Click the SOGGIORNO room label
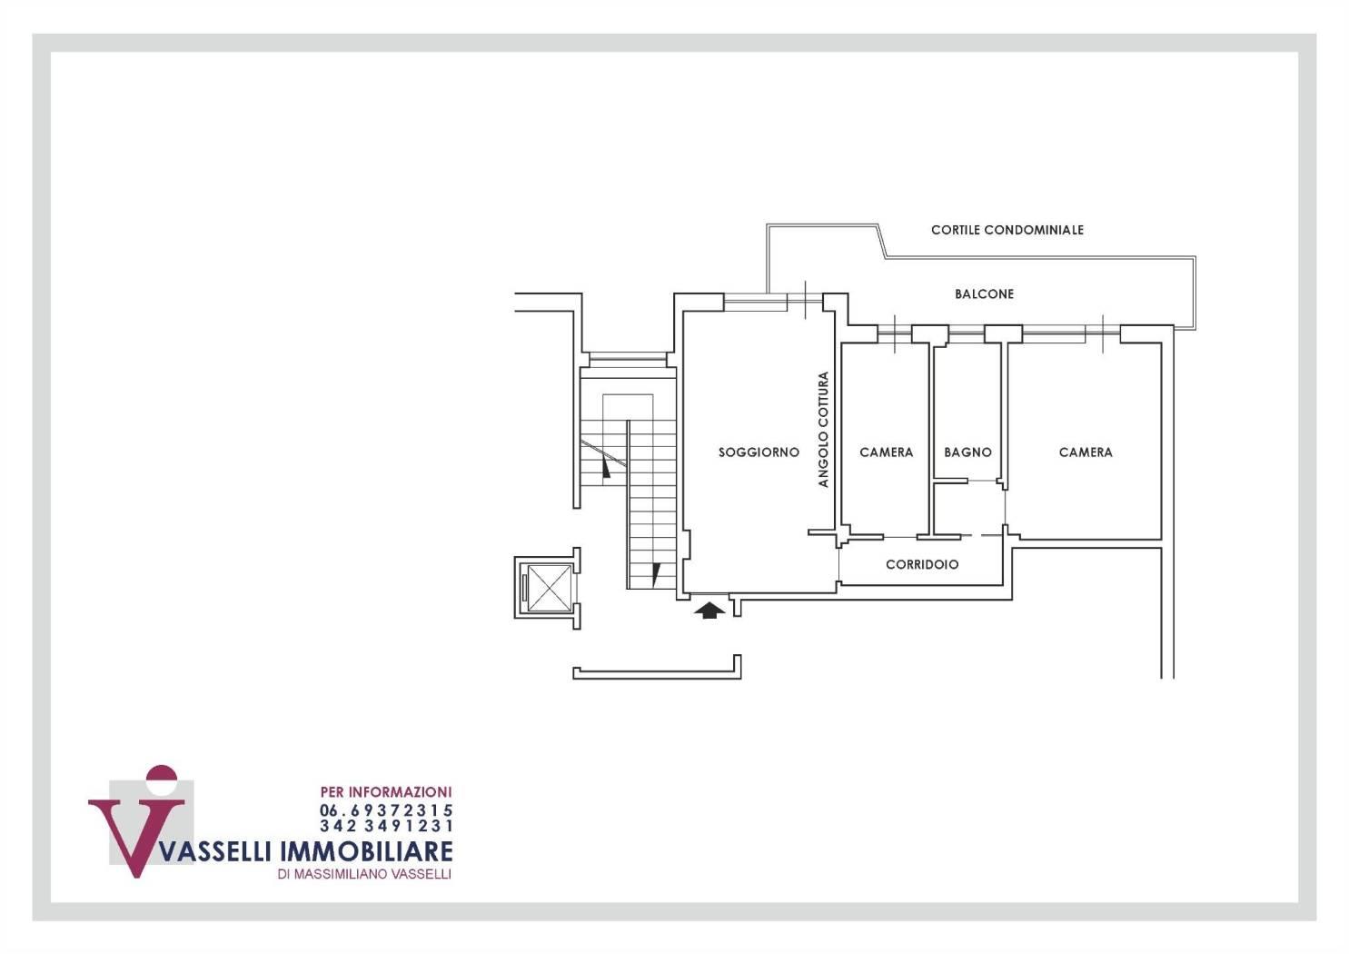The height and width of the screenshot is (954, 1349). coord(759,452)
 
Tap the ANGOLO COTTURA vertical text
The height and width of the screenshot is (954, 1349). coord(823,430)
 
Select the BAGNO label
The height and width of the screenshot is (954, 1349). coord(967,452)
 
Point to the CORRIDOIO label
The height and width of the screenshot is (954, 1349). coord(922,564)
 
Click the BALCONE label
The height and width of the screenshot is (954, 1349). coord(984,293)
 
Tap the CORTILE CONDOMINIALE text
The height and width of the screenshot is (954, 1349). coord(1007,230)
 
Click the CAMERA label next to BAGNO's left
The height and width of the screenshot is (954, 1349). coord(886,452)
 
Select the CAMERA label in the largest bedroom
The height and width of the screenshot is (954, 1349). coord(1086,452)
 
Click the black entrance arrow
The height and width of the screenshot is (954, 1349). coord(709,611)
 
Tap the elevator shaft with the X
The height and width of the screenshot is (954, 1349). coord(548,588)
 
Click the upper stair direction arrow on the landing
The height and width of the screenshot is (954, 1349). coord(606,467)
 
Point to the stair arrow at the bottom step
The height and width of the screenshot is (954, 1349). coord(656,573)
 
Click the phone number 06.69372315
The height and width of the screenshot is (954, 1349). coord(386,810)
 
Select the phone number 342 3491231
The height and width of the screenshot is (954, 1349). coord(386,825)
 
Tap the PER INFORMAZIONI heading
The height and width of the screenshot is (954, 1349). coord(386,791)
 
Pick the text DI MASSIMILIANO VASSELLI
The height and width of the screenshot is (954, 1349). coord(364,874)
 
